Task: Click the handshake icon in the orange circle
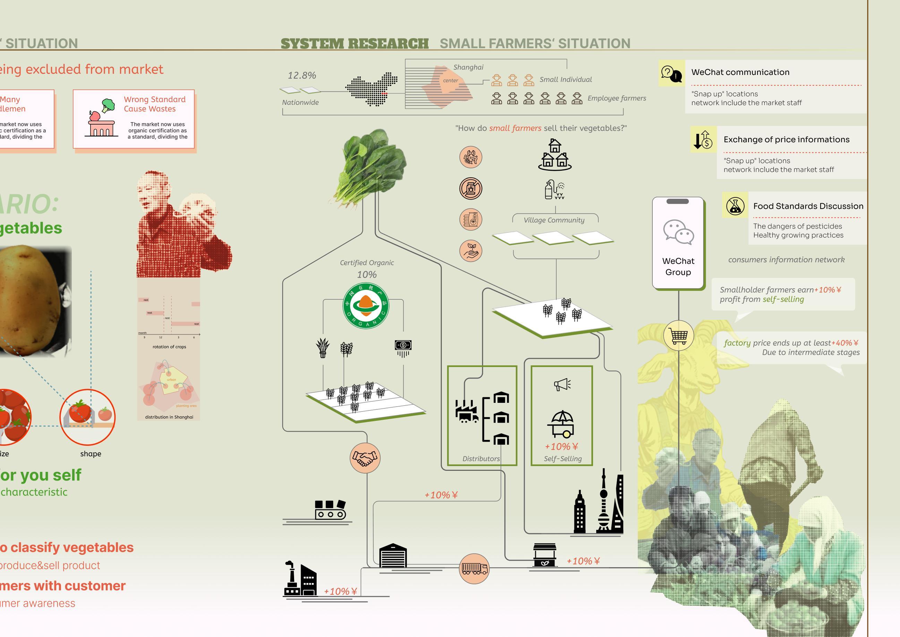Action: [x=365, y=458]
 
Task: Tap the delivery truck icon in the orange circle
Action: [x=474, y=568]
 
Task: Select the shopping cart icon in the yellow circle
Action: [x=678, y=336]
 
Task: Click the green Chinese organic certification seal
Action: [x=366, y=306]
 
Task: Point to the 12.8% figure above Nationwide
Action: [x=302, y=75]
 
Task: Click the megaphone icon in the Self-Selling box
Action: [x=562, y=384]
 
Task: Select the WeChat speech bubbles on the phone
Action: [x=678, y=232]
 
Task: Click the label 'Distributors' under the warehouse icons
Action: [x=481, y=459]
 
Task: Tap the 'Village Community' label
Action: [x=554, y=220]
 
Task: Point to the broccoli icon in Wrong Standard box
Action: [x=108, y=105]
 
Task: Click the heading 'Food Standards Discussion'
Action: [x=808, y=206]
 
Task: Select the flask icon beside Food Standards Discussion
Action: [x=735, y=206]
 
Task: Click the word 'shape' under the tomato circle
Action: [x=91, y=454]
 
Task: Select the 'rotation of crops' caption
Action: [x=169, y=347]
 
